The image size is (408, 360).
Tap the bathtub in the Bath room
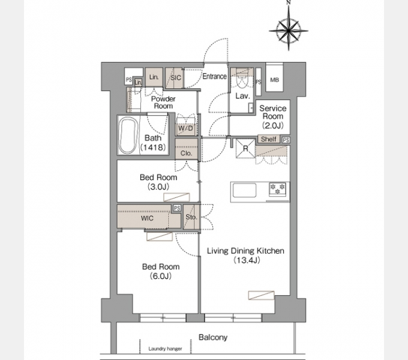coord(128,136)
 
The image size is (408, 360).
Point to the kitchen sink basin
coord(245,191)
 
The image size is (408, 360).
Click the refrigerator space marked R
coord(245,148)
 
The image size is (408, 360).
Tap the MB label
coord(275,80)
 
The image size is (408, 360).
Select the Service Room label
coord(272,112)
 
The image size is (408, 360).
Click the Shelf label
coord(269,139)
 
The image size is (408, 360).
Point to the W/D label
coord(186,128)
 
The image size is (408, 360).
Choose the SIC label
coord(176,78)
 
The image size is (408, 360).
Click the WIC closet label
coord(147,218)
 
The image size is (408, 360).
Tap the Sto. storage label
coord(191,217)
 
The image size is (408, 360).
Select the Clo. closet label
coord(186,154)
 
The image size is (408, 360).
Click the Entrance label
coord(214,76)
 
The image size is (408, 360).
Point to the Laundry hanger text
coord(165,349)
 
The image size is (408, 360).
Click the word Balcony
coord(213,337)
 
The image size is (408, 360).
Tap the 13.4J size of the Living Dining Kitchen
coord(247,260)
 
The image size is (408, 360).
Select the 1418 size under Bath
coord(153,148)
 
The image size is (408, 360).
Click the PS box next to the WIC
coord(177,208)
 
